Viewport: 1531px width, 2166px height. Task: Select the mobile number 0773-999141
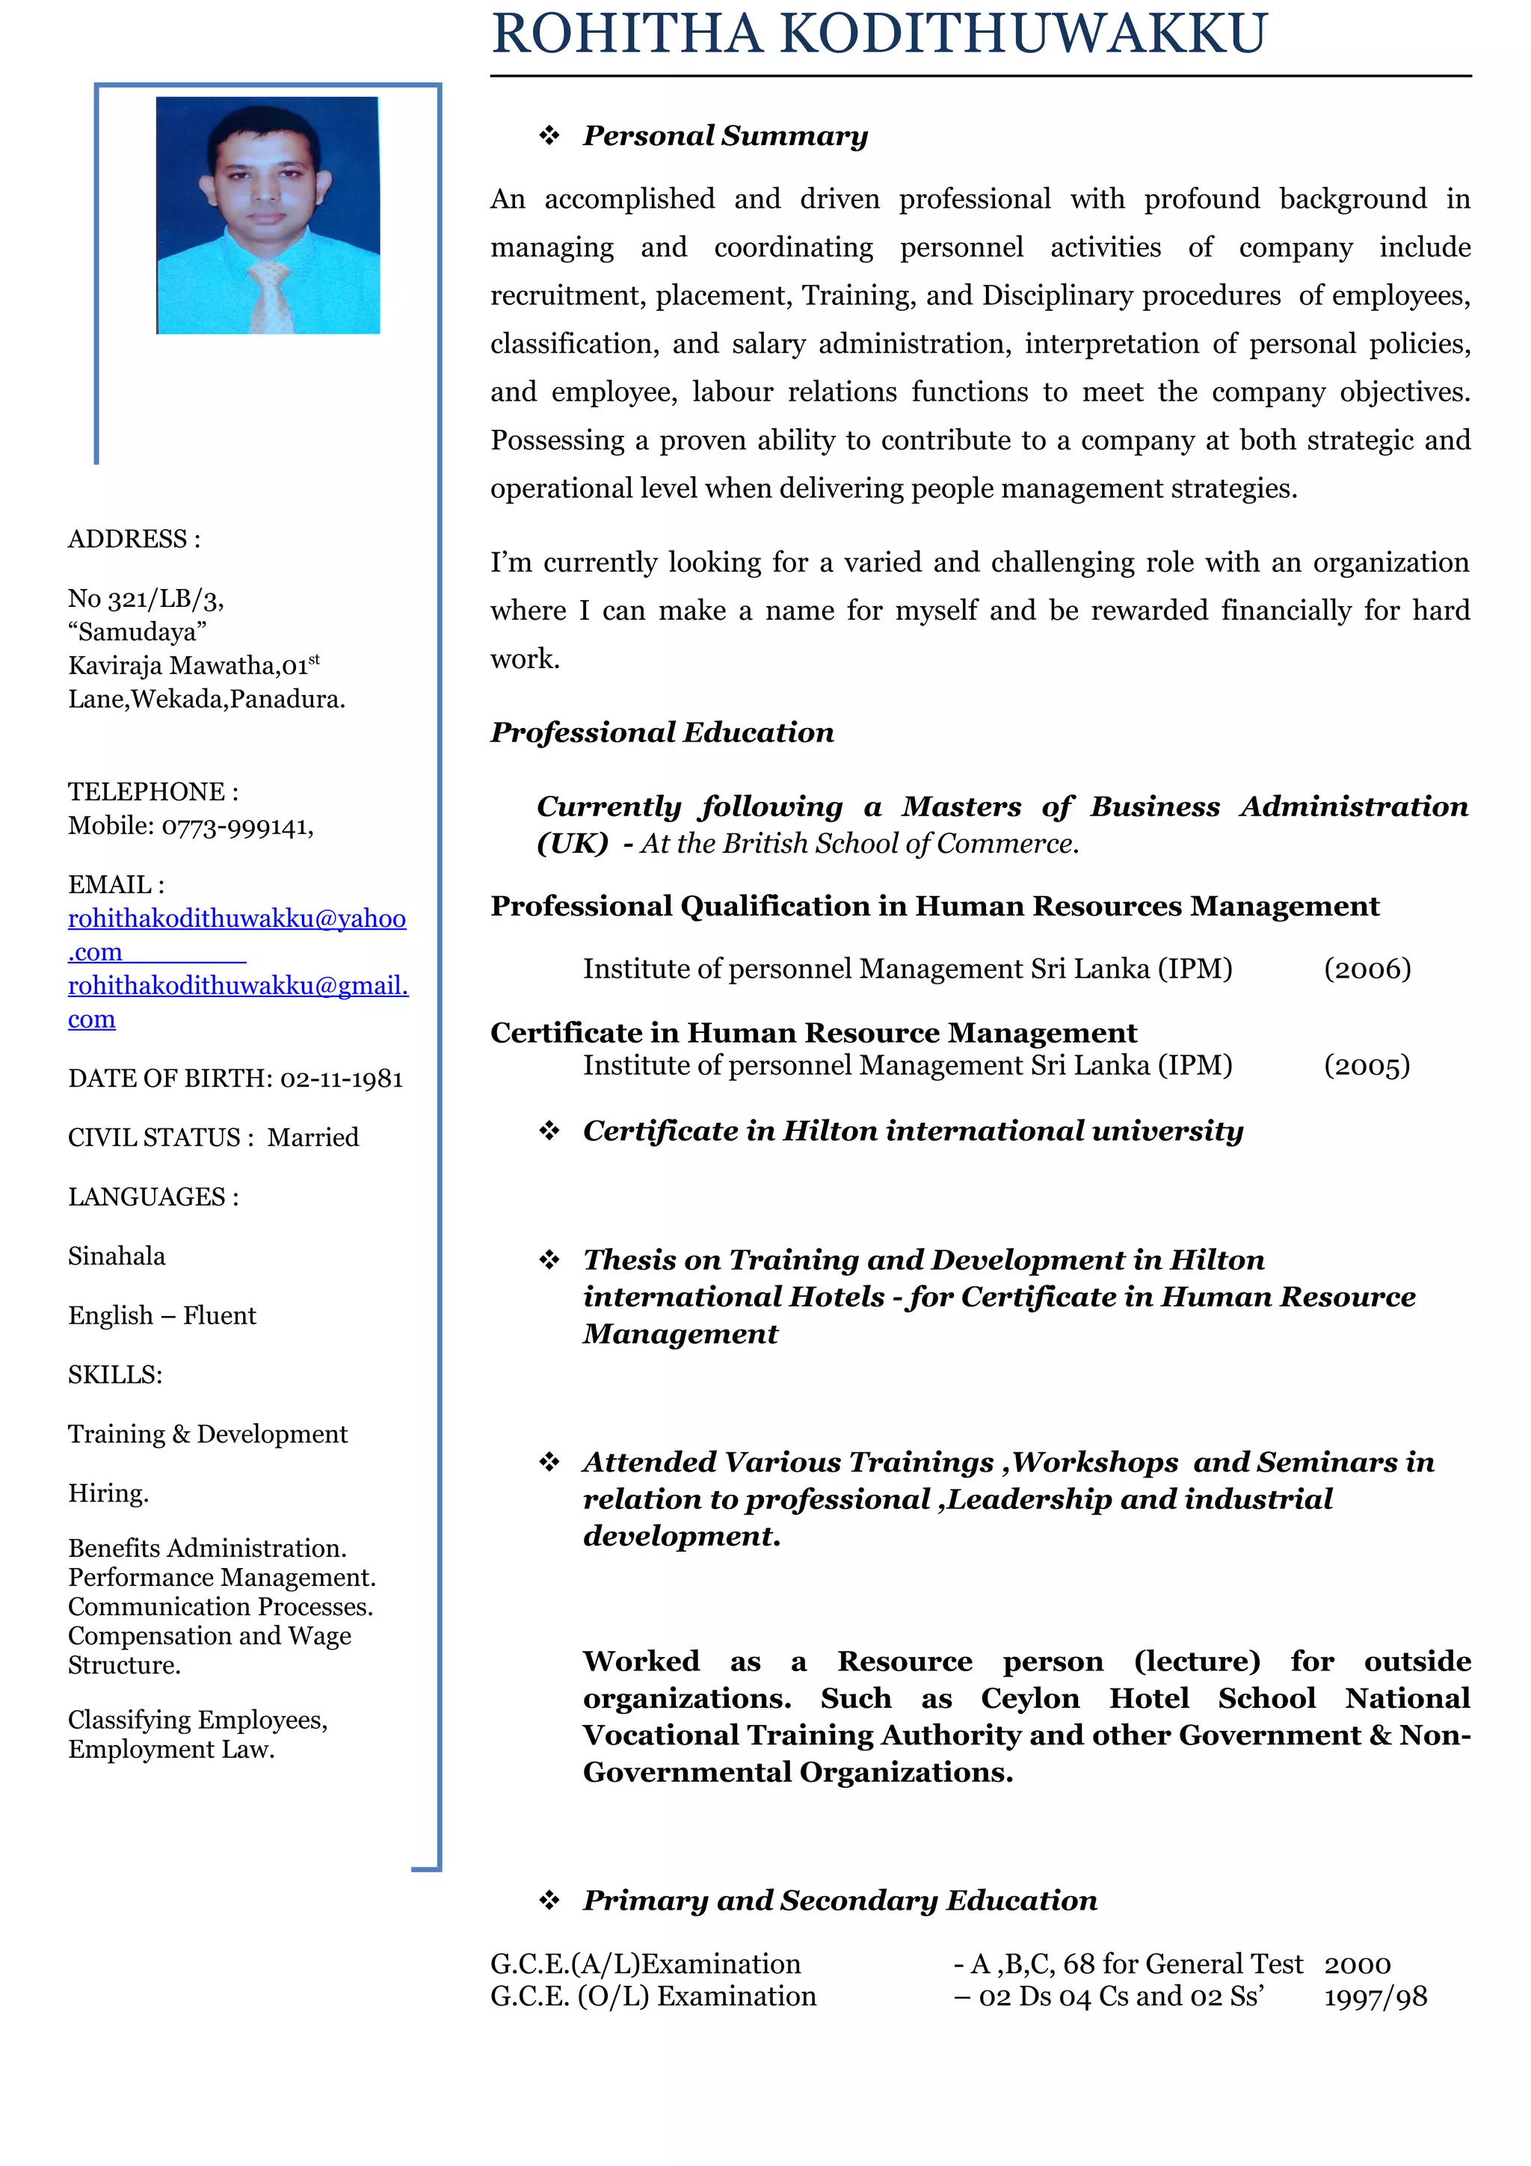[x=237, y=827]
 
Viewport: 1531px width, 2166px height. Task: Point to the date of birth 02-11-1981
[x=342, y=1079]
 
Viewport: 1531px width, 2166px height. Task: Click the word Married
[x=312, y=1137]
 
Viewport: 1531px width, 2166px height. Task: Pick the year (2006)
[x=1367, y=969]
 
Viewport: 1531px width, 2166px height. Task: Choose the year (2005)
[x=1366, y=1065]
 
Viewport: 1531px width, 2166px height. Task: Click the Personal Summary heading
[x=724, y=136]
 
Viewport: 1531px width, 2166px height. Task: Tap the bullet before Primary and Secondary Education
[x=549, y=1900]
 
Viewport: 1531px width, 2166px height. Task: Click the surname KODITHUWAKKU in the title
[x=1023, y=34]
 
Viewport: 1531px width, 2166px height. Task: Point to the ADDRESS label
[x=133, y=539]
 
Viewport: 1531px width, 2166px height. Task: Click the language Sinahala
[x=116, y=1256]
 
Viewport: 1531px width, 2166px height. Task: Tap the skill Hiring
[x=108, y=1493]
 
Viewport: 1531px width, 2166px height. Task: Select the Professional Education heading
[x=662, y=733]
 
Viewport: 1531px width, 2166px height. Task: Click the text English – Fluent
[x=161, y=1315]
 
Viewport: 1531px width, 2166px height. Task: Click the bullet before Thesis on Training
[x=549, y=1259]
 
